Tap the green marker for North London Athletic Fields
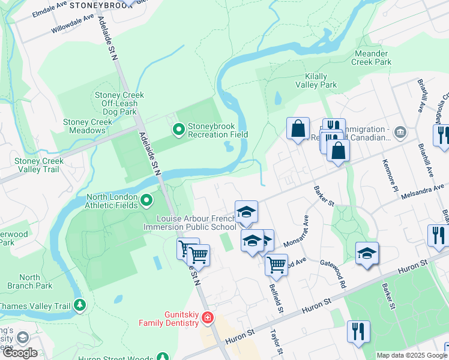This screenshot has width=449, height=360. click(x=147, y=199)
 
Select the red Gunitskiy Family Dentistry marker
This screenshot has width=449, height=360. click(x=207, y=317)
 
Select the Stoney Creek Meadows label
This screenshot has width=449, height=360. click(x=88, y=127)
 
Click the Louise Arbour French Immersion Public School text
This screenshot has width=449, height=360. click(x=190, y=223)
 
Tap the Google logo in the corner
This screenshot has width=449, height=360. click(x=20, y=353)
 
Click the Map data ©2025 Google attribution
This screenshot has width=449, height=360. click(x=411, y=355)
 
